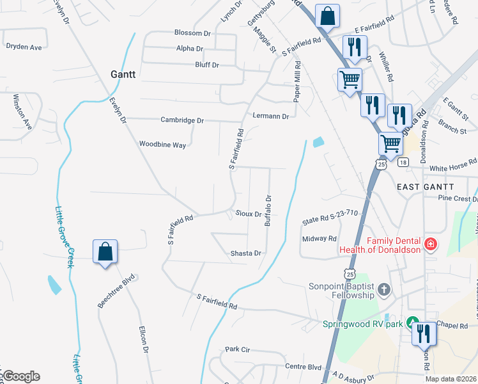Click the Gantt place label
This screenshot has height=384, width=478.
123,74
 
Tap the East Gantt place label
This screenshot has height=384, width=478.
425,186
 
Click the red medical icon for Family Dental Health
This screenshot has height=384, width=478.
430,244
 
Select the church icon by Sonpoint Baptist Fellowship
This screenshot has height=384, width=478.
383,290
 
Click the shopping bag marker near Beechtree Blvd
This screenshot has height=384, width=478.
105,252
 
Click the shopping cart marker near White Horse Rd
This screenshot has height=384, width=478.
390,144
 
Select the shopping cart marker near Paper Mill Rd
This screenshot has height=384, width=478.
350,80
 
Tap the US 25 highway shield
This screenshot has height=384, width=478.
382,164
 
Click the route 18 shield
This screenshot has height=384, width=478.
402,163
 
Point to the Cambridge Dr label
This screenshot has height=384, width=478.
181,120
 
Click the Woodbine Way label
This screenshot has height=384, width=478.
162,145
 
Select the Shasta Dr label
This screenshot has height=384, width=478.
246,253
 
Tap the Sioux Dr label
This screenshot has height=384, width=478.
249,214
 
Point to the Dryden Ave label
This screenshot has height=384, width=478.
24,47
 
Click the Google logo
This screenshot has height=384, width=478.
20,376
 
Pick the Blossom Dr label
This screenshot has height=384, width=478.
192,33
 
